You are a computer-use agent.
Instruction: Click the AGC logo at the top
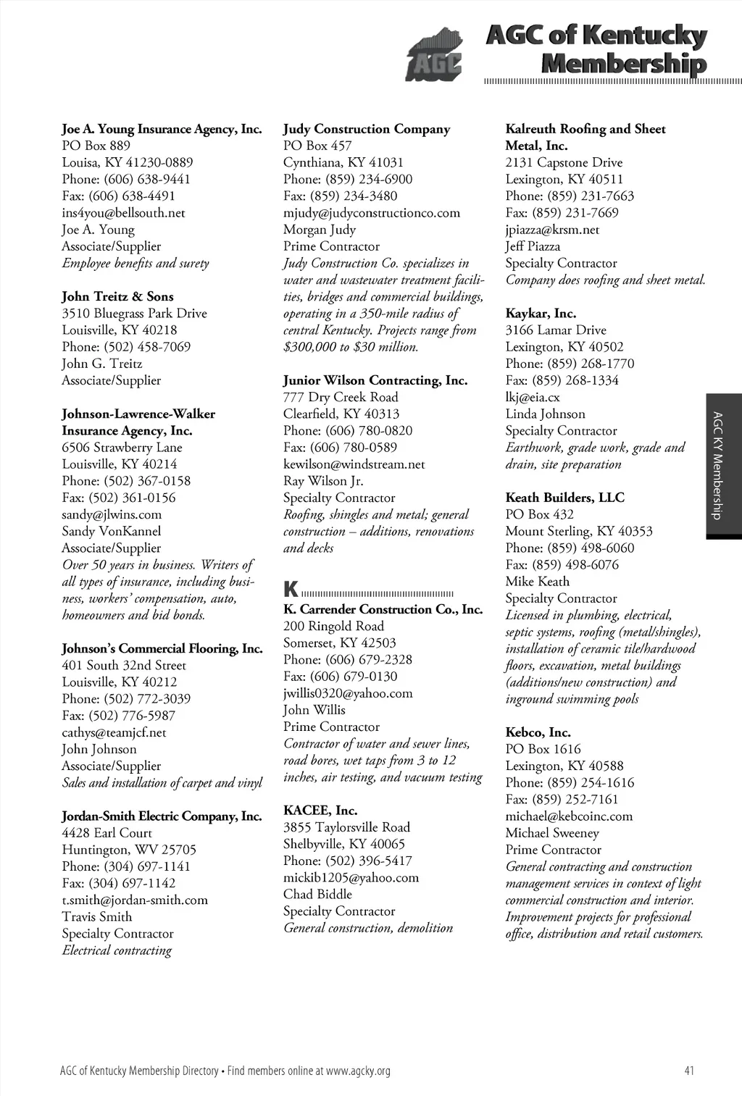point(433,55)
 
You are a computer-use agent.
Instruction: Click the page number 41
point(689,1071)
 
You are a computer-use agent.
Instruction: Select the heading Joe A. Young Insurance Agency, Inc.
point(162,129)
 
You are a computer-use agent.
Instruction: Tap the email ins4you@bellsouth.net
point(123,213)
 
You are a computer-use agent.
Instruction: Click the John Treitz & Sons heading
point(117,296)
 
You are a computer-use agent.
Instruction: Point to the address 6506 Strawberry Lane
point(122,448)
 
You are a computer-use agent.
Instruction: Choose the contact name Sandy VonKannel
point(112,531)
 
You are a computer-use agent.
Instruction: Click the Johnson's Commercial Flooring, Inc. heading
point(162,648)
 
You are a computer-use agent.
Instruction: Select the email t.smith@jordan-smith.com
point(135,900)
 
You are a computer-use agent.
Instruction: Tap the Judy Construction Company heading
point(367,129)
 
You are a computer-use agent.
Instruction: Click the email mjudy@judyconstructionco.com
point(372,213)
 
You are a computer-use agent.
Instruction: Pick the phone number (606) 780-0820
point(348,430)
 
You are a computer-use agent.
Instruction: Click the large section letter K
point(291,588)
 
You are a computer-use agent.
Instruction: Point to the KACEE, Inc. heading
point(320,810)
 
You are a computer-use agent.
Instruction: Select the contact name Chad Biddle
point(317,894)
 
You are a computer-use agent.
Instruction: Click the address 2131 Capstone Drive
point(564,162)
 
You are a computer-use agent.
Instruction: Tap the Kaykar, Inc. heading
point(541,314)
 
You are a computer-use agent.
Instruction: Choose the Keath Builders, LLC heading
point(564,498)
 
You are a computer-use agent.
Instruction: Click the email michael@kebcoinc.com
point(569,816)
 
